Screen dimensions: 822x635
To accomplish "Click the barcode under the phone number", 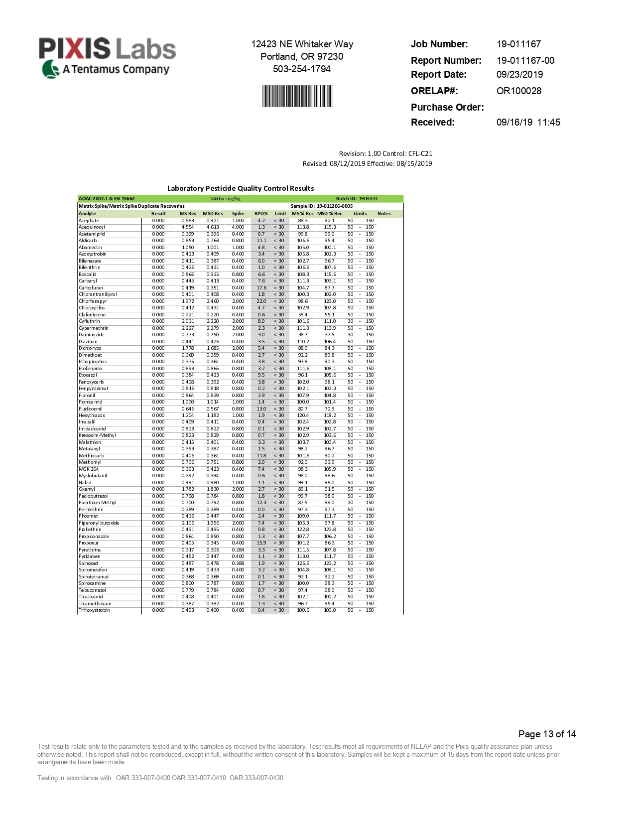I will (297, 96).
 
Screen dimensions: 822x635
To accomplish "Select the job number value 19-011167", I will (518, 44).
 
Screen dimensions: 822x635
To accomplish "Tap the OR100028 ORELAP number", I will (518, 91).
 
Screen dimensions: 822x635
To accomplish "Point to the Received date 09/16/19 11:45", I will (528, 122).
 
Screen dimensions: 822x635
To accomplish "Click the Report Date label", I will (438, 74).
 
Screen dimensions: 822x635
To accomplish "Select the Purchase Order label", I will (447, 107).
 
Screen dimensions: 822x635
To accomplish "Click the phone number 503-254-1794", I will (301, 69).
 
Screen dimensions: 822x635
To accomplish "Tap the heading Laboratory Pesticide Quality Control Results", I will (240, 188).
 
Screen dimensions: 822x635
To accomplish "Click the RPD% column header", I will (261, 213).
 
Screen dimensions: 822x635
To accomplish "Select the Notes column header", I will (384, 213).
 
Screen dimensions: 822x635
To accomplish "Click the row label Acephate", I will (89, 220).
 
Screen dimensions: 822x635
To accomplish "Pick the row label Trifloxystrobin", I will (94, 610).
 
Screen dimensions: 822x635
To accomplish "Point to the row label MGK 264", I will (89, 469).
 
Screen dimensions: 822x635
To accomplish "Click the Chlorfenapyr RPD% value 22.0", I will (261, 301).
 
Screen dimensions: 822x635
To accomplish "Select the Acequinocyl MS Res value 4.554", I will (187, 227).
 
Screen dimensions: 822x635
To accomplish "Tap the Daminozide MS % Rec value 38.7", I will (302, 335).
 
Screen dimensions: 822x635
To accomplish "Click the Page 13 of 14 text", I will (547, 734).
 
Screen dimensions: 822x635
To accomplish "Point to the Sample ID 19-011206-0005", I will (334, 206).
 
